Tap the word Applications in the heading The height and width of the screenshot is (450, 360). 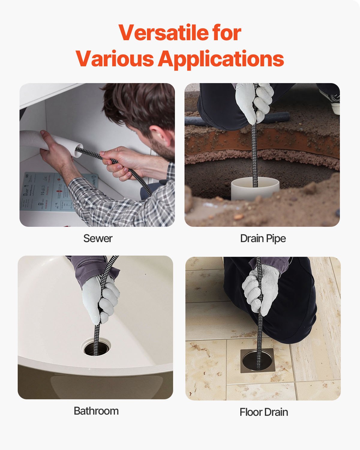pyautogui.click(x=221, y=58)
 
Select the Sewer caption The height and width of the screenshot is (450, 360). pyautogui.click(x=98, y=238)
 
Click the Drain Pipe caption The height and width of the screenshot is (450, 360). pyautogui.click(x=263, y=238)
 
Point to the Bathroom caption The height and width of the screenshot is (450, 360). pyautogui.click(x=96, y=411)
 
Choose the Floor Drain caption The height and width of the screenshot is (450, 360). pyautogui.click(x=264, y=412)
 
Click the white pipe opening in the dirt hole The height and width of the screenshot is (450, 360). pyautogui.click(x=255, y=187)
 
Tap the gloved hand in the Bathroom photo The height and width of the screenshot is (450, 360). pyautogui.click(x=102, y=297)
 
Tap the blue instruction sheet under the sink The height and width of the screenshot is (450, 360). pyautogui.click(x=45, y=192)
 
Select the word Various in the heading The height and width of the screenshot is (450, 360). pyautogui.click(x=115, y=58)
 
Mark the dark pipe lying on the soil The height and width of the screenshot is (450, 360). pyautogui.click(x=279, y=117)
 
